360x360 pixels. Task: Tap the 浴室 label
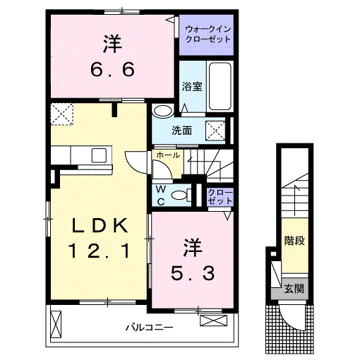point(192,88)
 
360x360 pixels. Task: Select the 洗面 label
point(182,130)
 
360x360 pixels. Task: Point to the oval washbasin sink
point(163,111)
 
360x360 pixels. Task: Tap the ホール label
point(167,155)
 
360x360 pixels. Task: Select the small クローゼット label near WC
point(220,196)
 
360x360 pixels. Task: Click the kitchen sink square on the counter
point(98,155)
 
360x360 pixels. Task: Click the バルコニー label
point(150,327)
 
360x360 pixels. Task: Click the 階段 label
point(294,241)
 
